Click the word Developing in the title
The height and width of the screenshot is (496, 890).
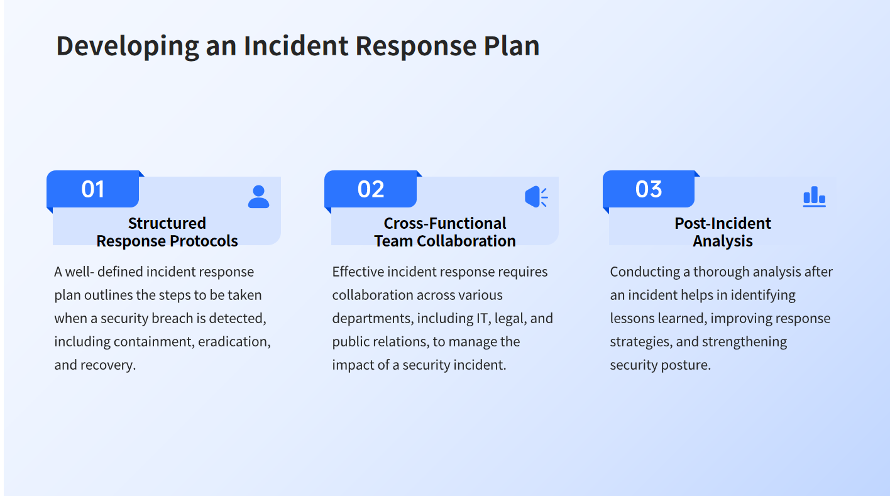click(128, 47)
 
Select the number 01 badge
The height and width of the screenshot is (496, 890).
click(92, 189)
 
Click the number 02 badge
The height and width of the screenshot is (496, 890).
click(370, 189)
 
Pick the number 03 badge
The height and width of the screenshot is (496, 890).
click(649, 189)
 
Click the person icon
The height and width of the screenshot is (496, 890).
click(259, 196)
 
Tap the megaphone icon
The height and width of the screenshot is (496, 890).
click(536, 196)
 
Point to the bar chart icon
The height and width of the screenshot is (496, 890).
click(815, 196)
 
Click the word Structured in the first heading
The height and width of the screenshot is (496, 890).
click(167, 223)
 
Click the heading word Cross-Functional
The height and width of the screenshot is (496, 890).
click(445, 223)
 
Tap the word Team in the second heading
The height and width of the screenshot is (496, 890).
click(393, 241)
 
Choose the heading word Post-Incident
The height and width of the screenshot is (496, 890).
click(723, 223)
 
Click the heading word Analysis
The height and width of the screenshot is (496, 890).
click(723, 241)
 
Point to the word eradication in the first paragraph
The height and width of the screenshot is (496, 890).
click(234, 342)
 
